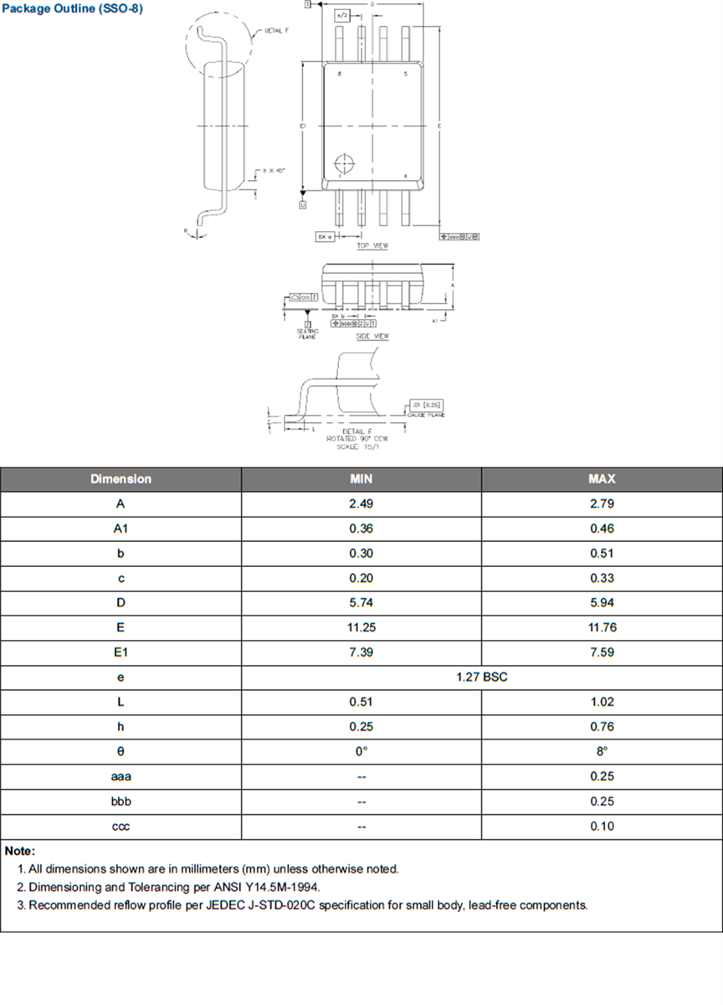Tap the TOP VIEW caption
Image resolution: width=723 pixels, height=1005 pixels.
[x=372, y=245]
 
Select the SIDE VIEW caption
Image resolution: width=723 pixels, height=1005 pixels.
[x=373, y=336]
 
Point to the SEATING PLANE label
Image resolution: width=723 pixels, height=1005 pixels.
[x=308, y=332]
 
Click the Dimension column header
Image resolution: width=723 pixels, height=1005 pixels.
[x=120, y=479]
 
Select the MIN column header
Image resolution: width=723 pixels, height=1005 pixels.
[x=361, y=479]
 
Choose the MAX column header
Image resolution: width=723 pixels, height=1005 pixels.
[x=601, y=479]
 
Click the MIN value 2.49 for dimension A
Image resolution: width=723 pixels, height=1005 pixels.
[x=361, y=504]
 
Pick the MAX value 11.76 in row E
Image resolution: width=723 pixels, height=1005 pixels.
[x=601, y=627]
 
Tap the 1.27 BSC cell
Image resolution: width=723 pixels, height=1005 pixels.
[x=481, y=677]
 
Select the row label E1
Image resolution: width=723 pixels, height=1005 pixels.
[x=120, y=652]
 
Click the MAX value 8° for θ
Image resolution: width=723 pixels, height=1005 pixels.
[x=601, y=751]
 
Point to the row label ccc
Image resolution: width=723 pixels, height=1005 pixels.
[x=120, y=826]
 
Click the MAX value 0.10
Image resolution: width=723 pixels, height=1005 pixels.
[x=601, y=826]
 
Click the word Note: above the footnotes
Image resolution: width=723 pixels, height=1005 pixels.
[x=20, y=851]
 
